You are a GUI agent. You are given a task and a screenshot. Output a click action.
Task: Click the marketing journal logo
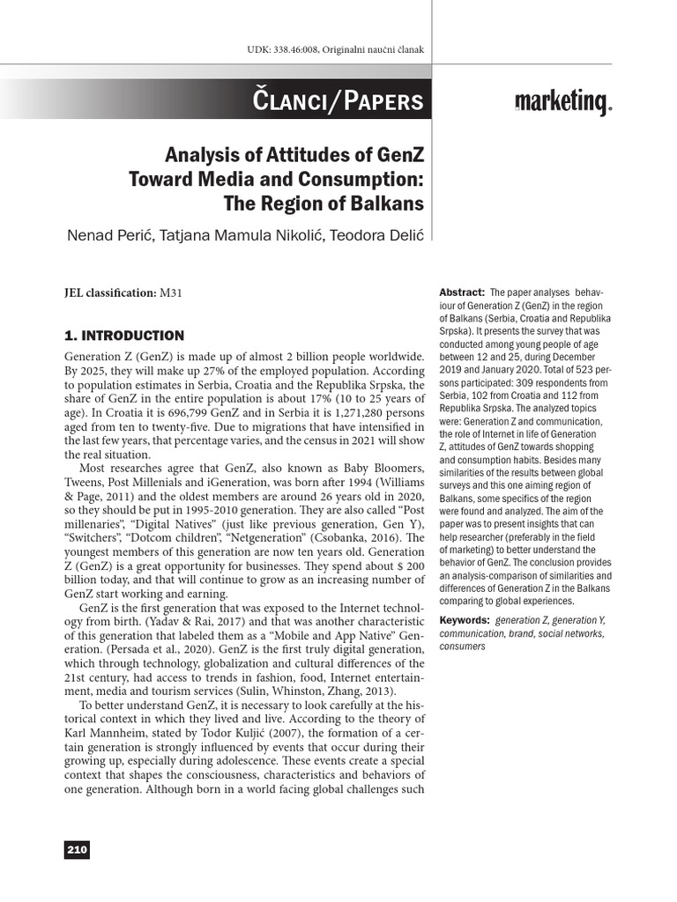pos(562,104)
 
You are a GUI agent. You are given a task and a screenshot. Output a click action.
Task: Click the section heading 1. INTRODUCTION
pos(124,336)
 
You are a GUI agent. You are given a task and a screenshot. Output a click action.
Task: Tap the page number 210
pos(77,849)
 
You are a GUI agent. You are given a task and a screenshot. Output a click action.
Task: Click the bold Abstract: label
pos(461,292)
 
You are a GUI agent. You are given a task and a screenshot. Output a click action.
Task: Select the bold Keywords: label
pos(465,620)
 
